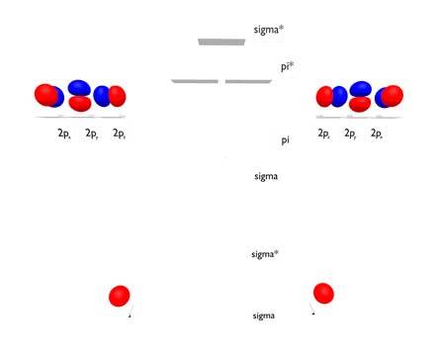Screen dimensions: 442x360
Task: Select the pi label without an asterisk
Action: tap(285, 140)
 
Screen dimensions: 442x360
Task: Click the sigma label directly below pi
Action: tap(266, 176)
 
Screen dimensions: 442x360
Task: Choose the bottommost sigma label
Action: tap(263, 315)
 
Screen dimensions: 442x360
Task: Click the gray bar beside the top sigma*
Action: tap(221, 42)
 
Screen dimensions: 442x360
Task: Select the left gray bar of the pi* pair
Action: tap(195, 81)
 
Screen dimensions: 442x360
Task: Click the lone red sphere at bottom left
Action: tap(120, 295)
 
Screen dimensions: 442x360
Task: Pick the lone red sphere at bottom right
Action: tap(323, 293)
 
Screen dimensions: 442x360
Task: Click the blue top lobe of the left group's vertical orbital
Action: tap(80, 86)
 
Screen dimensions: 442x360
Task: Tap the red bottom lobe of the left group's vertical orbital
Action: tap(80, 103)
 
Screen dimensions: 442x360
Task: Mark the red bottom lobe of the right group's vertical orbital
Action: tap(360, 102)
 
